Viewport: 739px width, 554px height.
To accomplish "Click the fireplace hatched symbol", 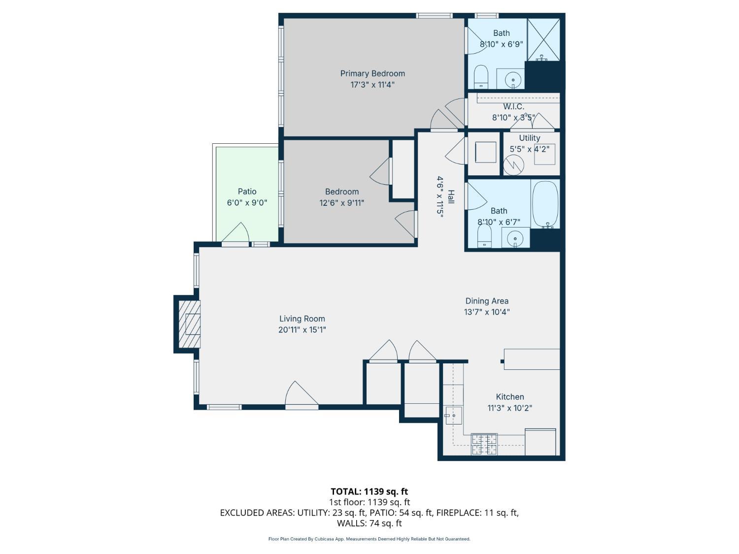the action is pos(189,324).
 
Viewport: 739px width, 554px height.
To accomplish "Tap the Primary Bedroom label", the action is pos(372,73).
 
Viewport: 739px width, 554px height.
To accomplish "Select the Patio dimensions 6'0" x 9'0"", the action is pos(247,202).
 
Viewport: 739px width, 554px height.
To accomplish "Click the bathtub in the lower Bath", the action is pos(545,204).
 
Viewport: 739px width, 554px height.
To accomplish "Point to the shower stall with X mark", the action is pos(543,40).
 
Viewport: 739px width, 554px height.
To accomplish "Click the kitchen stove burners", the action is pos(484,444).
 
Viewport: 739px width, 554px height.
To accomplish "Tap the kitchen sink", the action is pos(453,416).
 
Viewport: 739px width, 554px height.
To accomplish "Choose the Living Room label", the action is pos(302,319).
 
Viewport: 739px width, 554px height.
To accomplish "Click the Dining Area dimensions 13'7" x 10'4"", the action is pos(487,312).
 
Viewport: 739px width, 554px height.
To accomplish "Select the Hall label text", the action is pos(451,197).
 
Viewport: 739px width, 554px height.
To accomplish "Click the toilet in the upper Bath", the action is pos(481,77).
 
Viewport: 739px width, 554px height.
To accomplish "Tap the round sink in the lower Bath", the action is pos(515,239).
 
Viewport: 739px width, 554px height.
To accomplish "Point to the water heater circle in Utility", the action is pos(513,165).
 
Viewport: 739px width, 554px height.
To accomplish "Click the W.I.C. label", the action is pos(514,107).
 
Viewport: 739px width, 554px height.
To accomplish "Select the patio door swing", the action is pos(235,232).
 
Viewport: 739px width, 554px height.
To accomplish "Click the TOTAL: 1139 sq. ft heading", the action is pos(369,491).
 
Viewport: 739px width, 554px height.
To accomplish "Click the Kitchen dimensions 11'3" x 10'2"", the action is pos(510,408).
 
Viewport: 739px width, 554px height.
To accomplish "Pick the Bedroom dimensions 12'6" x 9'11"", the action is pos(342,203).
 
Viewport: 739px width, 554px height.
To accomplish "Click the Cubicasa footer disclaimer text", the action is pos(369,539).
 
